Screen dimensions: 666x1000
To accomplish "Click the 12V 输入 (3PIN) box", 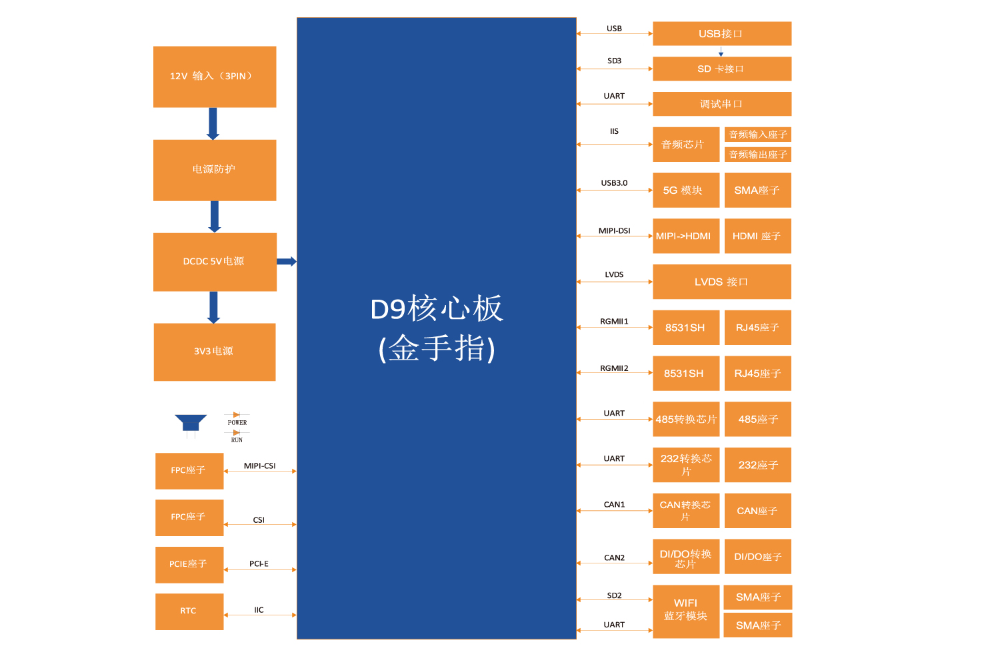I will (215, 77).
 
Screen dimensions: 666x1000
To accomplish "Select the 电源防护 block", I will (215, 170).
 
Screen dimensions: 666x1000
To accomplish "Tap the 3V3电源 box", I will (215, 352).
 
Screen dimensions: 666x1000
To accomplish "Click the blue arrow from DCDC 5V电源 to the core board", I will (287, 262).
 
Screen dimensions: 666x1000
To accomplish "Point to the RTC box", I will (189, 611).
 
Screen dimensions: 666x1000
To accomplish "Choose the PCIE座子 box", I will (189, 565).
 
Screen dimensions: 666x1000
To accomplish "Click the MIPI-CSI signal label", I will (259, 466).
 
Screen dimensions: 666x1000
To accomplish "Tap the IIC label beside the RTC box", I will (259, 610).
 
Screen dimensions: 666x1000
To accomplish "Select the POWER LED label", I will (237, 423).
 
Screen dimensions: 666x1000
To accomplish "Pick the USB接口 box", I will (721, 34).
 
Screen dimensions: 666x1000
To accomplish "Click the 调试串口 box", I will (721, 105).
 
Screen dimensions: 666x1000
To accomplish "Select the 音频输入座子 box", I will (758, 135).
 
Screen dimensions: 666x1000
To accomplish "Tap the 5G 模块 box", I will (685, 190).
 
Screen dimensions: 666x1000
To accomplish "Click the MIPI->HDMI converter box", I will (685, 236).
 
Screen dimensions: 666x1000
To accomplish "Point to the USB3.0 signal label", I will (614, 183).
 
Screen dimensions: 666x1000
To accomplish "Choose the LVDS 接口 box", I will (721, 282).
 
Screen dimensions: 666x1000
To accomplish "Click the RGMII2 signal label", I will (614, 368).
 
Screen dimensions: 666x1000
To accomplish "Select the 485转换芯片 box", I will (685, 420).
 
